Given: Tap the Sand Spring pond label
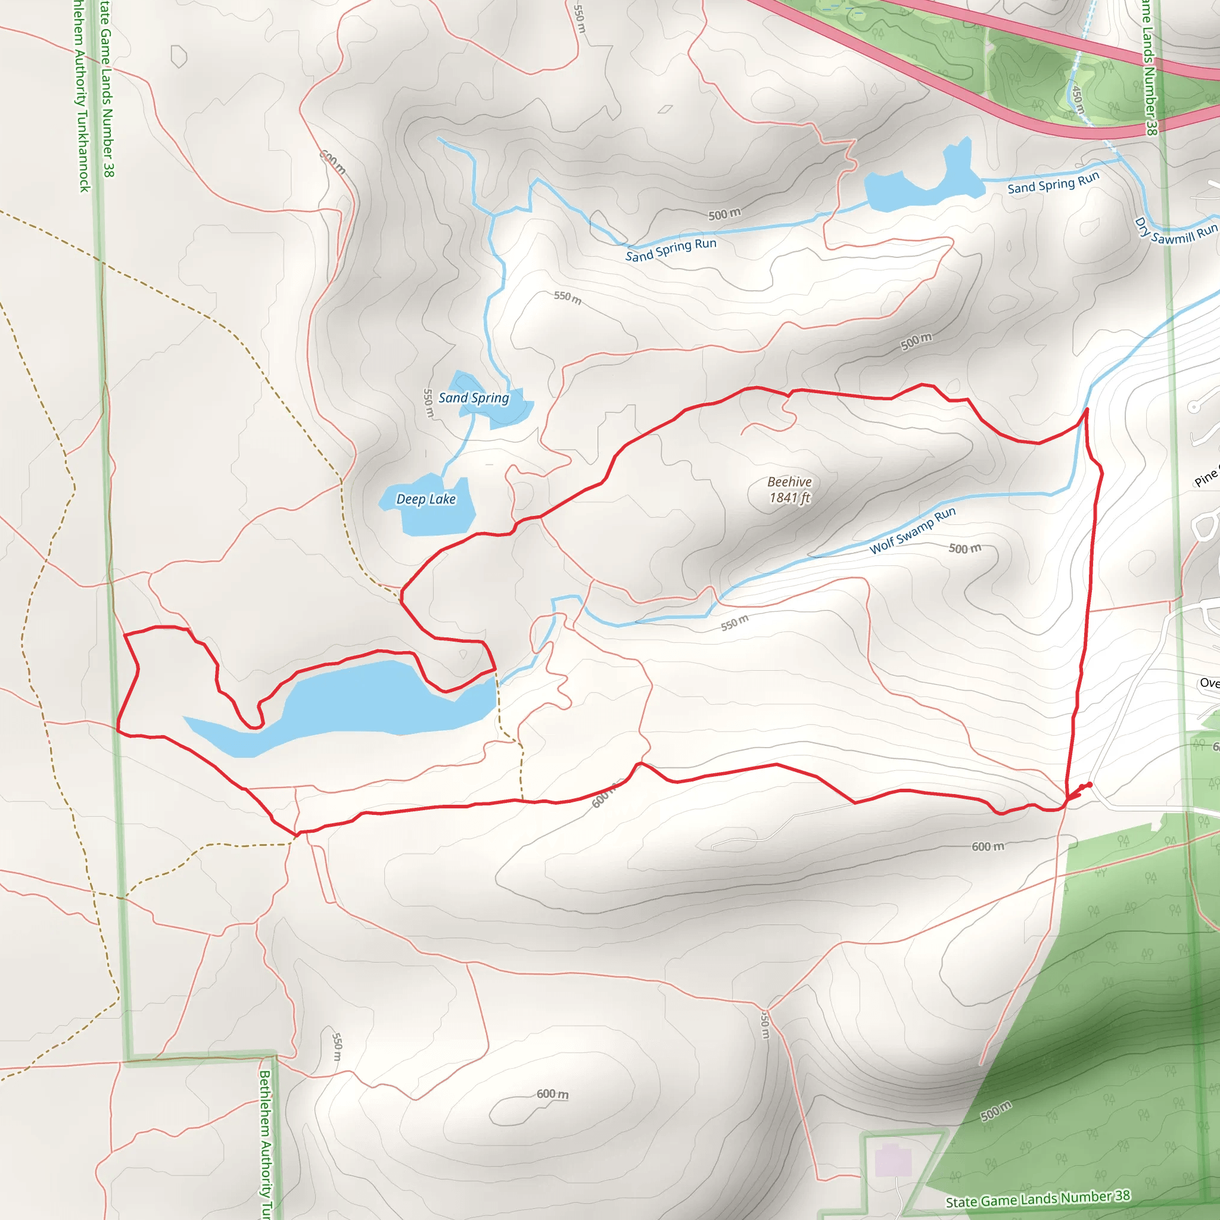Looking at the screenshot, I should tap(474, 398).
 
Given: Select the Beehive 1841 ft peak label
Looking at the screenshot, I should tap(789, 490).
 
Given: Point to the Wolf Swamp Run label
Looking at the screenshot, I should tap(913, 530).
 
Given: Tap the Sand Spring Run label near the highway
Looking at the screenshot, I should tap(1053, 183).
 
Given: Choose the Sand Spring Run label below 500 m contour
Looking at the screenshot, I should tap(671, 250).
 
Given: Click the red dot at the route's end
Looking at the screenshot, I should tap(1090, 785).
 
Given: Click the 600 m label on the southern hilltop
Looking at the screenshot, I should tap(553, 1094).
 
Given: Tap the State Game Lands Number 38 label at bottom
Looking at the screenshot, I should tap(1038, 1199).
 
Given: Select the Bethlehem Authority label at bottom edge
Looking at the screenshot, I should tap(266, 1143).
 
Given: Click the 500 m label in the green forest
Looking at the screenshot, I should tap(996, 1111).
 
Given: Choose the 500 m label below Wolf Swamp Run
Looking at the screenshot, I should tap(965, 548).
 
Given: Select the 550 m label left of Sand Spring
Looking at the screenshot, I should tap(428, 403).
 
